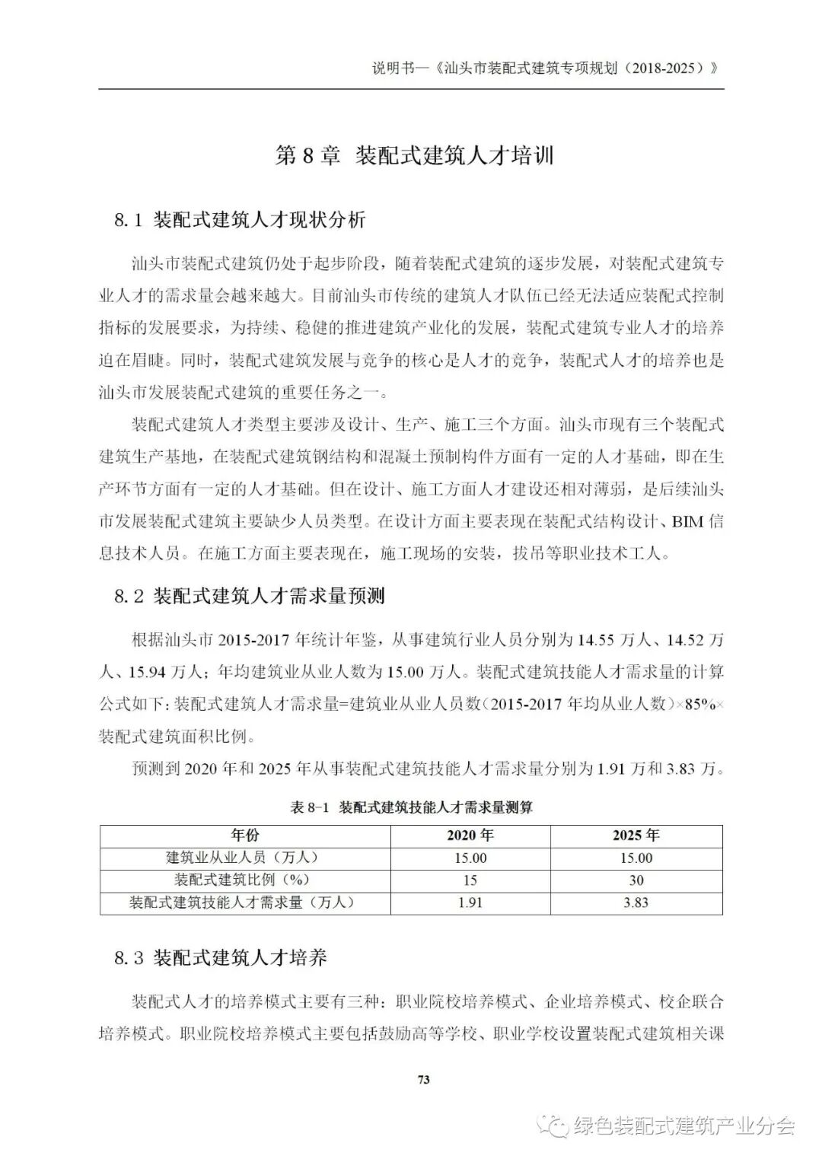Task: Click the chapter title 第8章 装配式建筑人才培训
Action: click(x=414, y=156)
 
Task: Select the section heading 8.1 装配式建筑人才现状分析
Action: click(x=240, y=221)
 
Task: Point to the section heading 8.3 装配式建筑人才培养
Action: click(x=221, y=957)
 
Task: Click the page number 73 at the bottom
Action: click(x=424, y=1079)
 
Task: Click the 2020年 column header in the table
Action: click(x=470, y=836)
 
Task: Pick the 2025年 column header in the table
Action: click(x=636, y=836)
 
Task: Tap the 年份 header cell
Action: click(x=245, y=836)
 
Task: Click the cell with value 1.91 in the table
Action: click(x=470, y=903)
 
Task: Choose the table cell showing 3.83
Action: click(x=636, y=903)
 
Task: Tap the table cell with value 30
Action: click(x=636, y=880)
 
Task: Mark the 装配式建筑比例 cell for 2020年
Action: click(x=470, y=880)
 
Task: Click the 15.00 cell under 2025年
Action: click(x=636, y=858)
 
